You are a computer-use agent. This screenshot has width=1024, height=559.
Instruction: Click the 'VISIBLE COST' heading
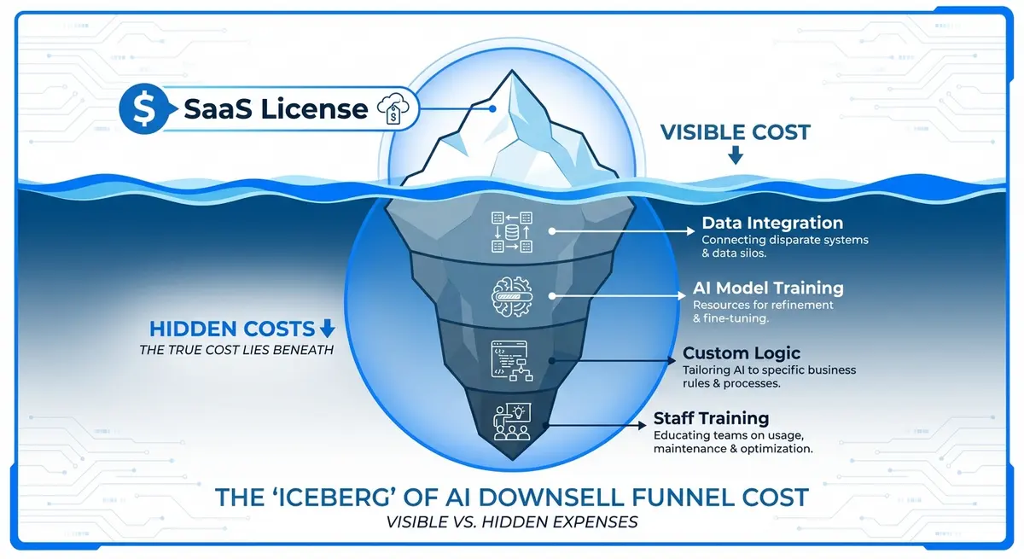[x=735, y=132]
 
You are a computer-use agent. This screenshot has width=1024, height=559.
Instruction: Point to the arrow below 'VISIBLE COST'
[x=735, y=156]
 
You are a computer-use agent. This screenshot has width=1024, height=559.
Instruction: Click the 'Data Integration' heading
[x=771, y=224]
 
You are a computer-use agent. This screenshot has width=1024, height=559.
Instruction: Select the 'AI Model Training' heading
[x=767, y=288]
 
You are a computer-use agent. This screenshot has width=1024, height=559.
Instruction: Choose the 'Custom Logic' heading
[x=742, y=353]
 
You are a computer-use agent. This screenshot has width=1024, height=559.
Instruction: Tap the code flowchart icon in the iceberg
[x=511, y=360]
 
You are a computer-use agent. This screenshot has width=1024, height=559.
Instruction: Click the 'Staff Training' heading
[x=711, y=418]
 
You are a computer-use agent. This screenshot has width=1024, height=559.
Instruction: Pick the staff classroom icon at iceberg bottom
[x=511, y=421]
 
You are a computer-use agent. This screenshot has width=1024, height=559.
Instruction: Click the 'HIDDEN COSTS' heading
[x=231, y=329]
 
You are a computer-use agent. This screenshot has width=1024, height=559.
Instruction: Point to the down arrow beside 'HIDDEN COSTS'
[x=327, y=329]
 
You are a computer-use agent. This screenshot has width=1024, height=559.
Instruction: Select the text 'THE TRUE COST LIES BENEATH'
[x=236, y=350]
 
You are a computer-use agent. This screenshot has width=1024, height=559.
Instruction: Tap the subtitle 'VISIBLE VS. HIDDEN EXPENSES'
[x=512, y=521]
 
